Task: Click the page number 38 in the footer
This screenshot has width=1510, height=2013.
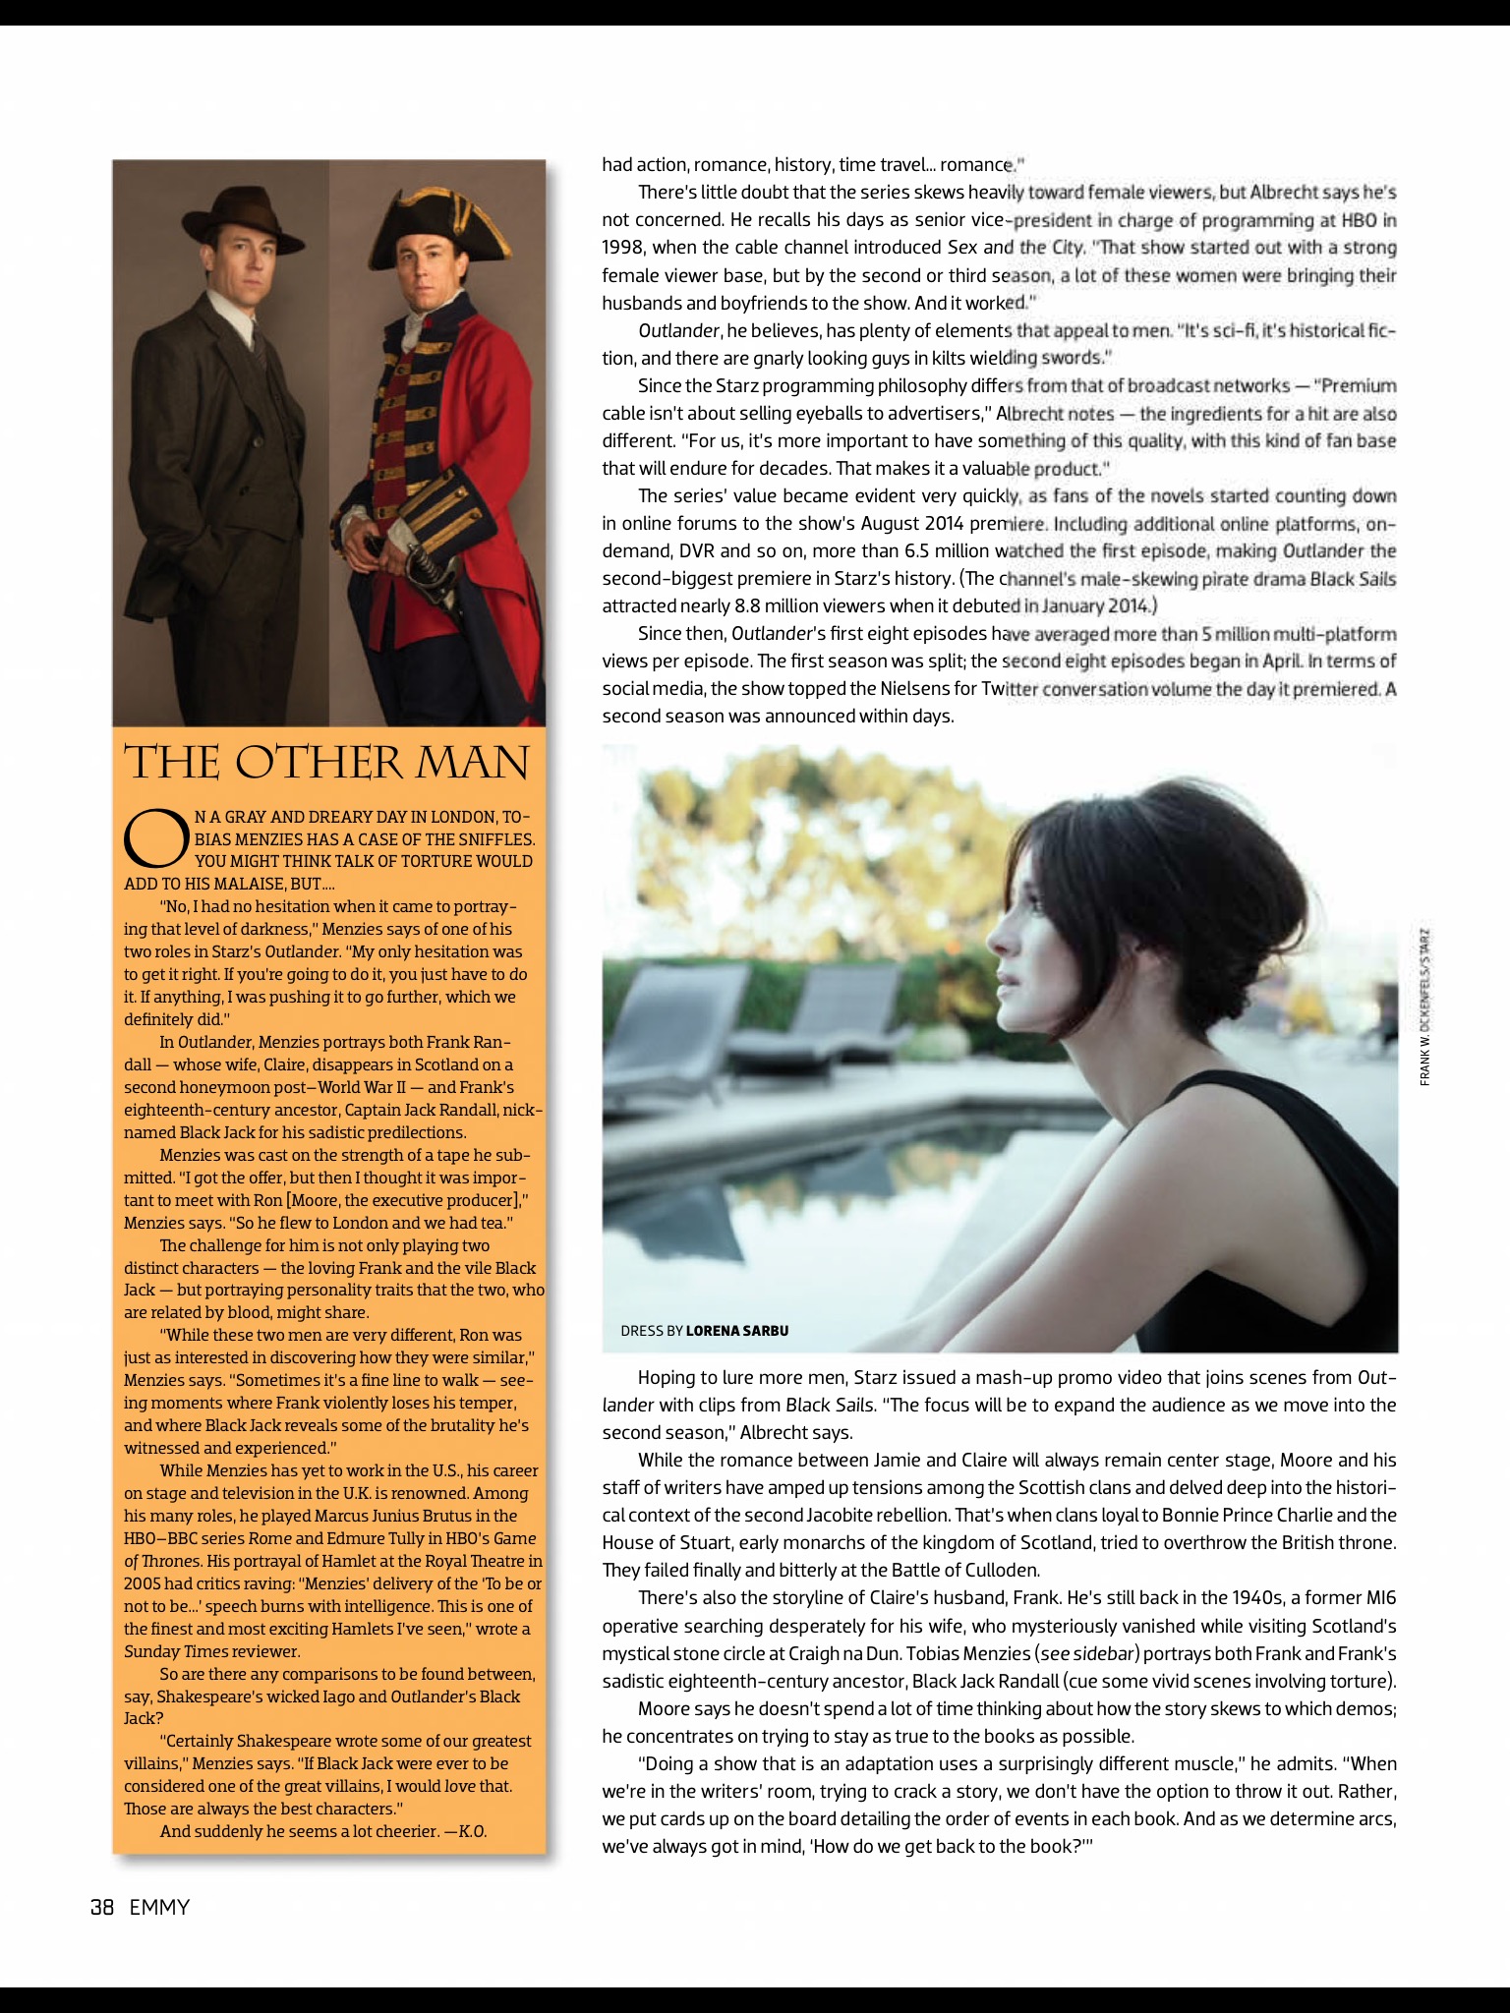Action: tap(102, 1908)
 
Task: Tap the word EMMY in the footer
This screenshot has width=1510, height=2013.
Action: tap(159, 1908)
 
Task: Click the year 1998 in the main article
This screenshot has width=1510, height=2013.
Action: tap(623, 248)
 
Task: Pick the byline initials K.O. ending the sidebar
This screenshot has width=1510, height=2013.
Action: tap(472, 1831)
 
